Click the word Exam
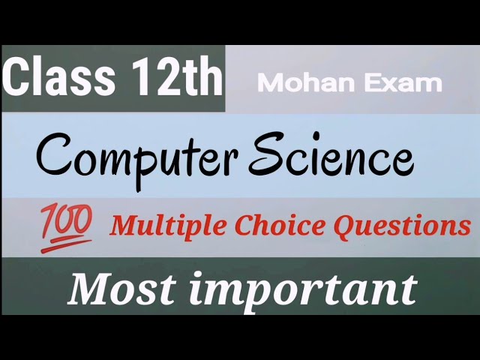coord(406,83)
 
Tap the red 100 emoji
coord(66,225)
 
